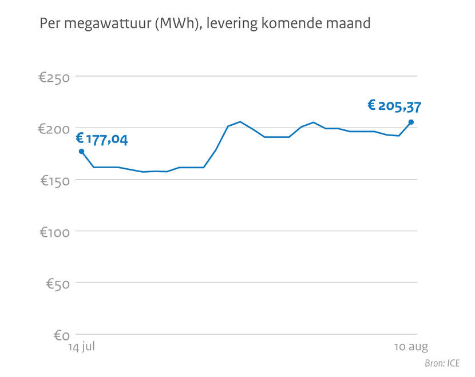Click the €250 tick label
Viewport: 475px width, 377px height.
(54, 77)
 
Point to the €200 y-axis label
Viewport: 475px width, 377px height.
(54, 129)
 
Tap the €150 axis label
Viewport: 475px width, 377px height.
(54, 180)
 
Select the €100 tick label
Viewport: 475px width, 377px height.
(54, 232)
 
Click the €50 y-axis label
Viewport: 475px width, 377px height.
(58, 283)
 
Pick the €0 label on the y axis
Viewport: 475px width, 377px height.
(62, 335)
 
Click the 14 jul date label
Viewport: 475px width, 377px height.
(82, 347)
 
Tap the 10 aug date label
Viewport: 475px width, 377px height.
(411, 347)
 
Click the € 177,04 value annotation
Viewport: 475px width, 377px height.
(102, 139)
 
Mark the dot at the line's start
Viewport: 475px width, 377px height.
(81, 152)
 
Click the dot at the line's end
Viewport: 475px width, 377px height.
(411, 122)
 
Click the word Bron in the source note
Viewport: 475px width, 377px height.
(434, 363)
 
